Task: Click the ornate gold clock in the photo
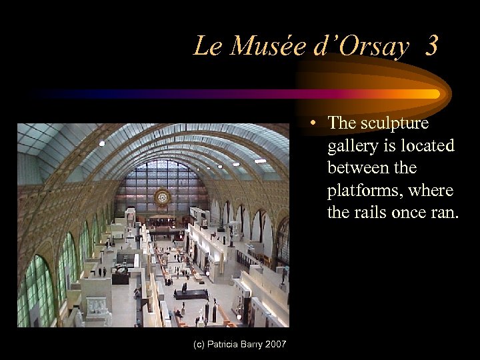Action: [x=162, y=198]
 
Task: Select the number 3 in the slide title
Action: [x=431, y=46]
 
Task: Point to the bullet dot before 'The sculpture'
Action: [x=313, y=123]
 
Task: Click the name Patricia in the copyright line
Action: [x=226, y=344]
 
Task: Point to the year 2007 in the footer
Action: [x=275, y=344]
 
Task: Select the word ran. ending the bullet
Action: [x=437, y=213]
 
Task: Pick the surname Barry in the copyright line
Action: [x=253, y=344]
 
